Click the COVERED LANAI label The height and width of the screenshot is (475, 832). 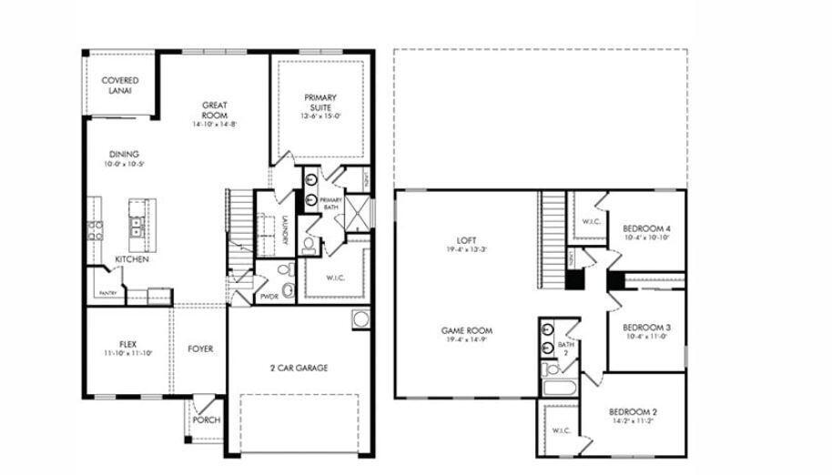(x=120, y=86)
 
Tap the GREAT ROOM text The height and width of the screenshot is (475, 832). (x=214, y=111)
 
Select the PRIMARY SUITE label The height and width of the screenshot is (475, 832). (x=320, y=103)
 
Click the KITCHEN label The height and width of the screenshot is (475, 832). (x=132, y=259)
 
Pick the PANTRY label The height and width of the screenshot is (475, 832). (x=107, y=293)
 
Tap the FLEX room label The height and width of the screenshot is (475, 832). (x=127, y=345)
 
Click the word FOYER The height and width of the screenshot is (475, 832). (x=200, y=349)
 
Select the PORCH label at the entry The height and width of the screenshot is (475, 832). (x=207, y=419)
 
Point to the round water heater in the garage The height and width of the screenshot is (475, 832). (x=360, y=319)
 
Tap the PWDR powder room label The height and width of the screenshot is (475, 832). (x=269, y=297)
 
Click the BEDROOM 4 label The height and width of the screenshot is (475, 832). (x=647, y=228)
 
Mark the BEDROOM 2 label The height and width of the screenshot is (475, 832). (x=633, y=412)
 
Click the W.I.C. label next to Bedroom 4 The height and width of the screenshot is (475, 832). (x=590, y=221)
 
